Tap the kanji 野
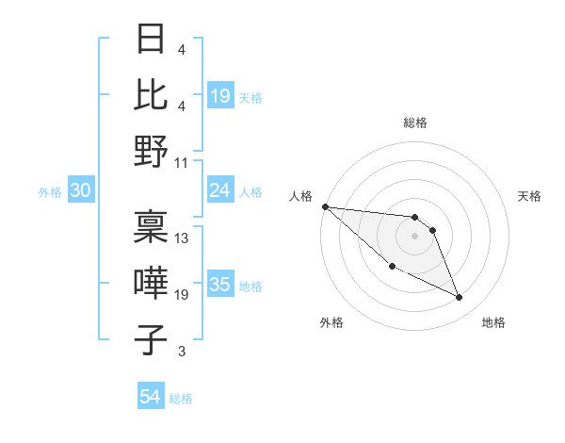[152, 151]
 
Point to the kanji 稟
[152, 226]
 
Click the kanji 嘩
[152, 284]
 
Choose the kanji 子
[152, 340]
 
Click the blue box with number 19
[220, 95]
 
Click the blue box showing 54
[150, 398]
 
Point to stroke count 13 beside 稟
[183, 238]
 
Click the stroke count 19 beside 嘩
[183, 295]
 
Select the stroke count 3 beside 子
[182, 353]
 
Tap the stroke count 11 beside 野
[183, 162]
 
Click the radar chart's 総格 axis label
[415, 123]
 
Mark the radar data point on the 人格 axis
[325, 206]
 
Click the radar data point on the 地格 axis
[460, 298]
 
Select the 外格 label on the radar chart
[331, 322]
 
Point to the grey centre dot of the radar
[415, 236]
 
